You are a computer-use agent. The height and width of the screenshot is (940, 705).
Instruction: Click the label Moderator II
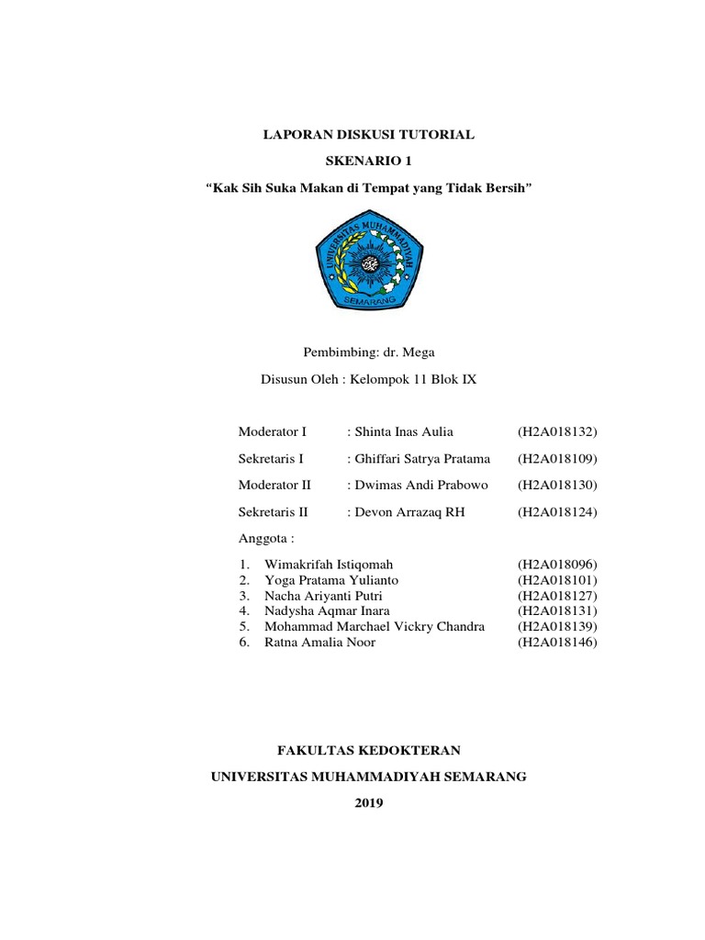point(275,485)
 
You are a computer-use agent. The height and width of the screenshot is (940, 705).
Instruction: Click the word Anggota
point(263,538)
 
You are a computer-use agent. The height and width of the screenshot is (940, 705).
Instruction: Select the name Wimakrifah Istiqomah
point(329,565)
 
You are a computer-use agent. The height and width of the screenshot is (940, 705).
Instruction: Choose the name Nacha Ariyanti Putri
point(323,596)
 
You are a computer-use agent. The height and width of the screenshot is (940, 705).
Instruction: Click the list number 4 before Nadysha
point(243,611)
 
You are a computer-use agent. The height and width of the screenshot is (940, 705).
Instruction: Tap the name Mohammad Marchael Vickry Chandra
point(374,627)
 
